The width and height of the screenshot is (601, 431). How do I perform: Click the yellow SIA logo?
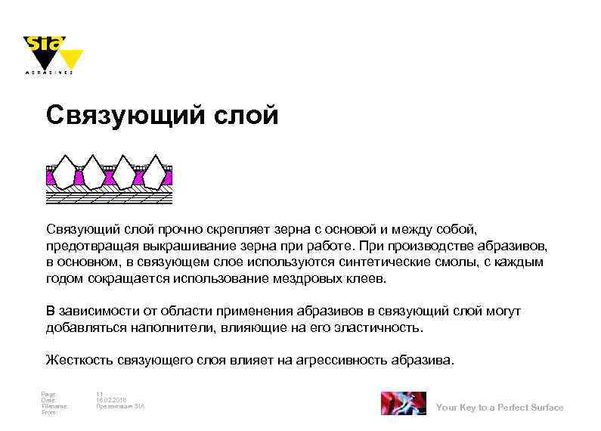(52, 54)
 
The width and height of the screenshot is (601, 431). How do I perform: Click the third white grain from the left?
(124, 173)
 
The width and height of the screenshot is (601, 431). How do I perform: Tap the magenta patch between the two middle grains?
(108, 178)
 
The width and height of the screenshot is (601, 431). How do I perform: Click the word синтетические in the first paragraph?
(386, 262)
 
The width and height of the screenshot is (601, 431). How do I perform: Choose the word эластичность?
(382, 329)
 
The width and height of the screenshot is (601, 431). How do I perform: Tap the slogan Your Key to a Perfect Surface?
(500, 408)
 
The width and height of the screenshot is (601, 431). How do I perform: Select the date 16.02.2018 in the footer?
(111, 400)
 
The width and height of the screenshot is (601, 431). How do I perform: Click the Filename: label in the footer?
(54, 406)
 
